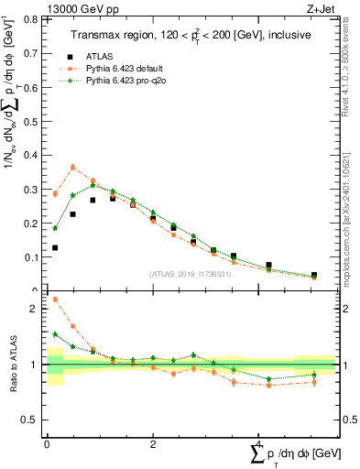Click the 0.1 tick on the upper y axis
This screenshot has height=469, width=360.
(x=33, y=257)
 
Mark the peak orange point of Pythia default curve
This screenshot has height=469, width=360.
(x=73, y=167)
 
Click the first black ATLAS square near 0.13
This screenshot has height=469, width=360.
(x=55, y=247)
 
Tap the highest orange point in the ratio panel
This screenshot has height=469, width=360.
(x=55, y=300)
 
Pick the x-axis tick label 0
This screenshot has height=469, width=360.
(x=47, y=443)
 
